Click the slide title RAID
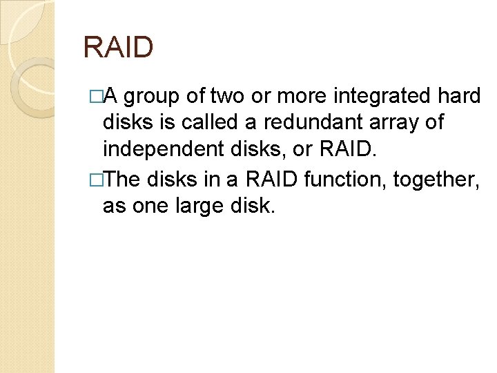point(117,48)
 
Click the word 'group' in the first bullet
point(163,97)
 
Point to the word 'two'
point(235,96)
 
